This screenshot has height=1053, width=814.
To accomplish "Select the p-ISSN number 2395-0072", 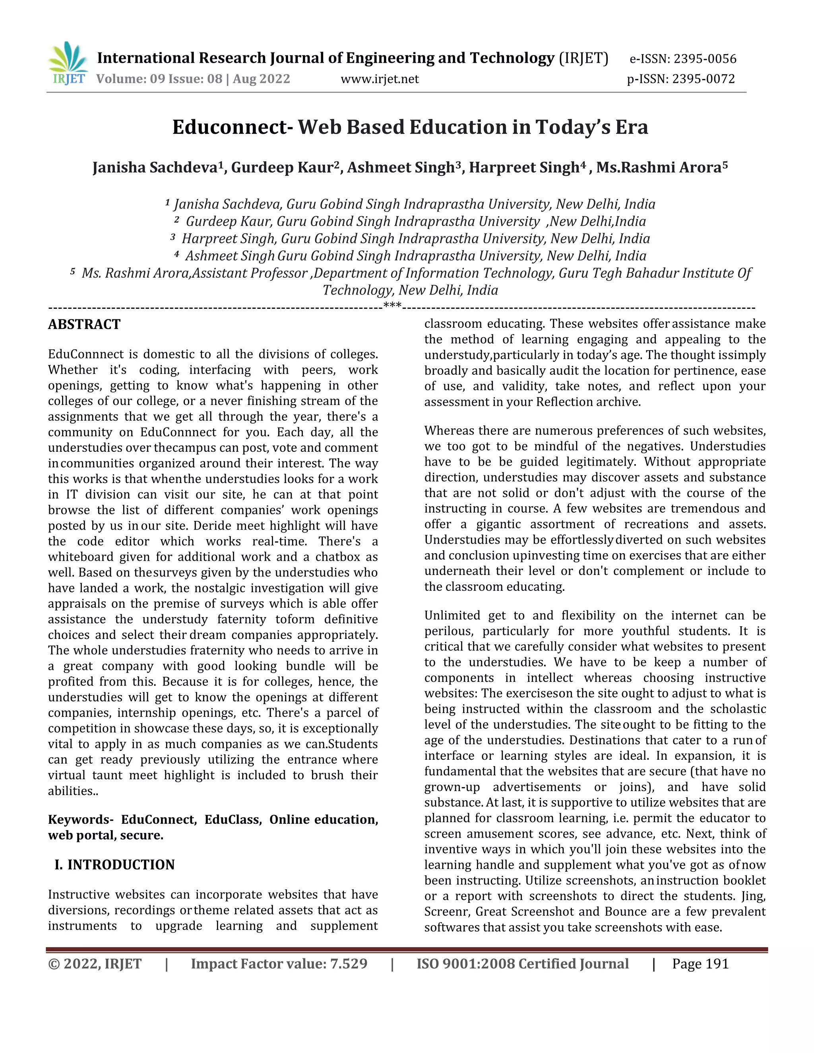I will [704, 79].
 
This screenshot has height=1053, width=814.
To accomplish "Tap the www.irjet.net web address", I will [380, 79].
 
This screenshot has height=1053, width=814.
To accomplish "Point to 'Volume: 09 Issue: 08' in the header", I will [159, 79].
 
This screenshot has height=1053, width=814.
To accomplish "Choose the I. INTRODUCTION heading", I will [114, 865].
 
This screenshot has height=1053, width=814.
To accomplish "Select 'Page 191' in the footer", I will [700, 964].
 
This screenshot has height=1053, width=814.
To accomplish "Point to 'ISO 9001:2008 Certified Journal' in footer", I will [522, 964].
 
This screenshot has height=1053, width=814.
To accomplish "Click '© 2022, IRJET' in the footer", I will [95, 964].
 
